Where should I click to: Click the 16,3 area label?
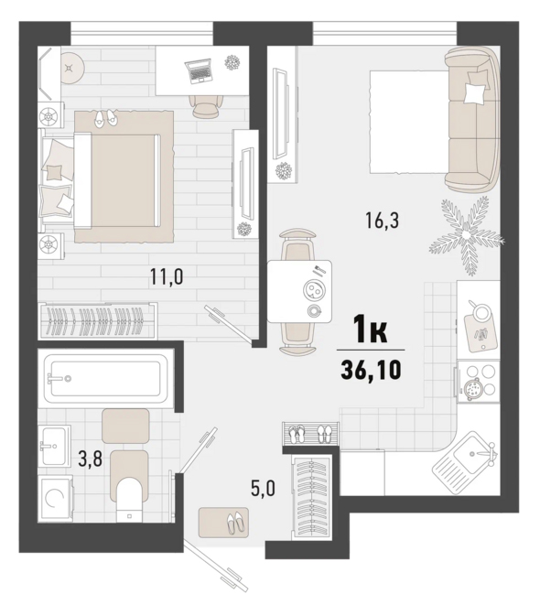(383, 221)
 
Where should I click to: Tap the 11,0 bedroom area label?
(167, 276)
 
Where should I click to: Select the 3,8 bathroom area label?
(91, 459)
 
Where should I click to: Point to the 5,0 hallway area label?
(263, 488)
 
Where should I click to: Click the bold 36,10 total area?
(371, 370)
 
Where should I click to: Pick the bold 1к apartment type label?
(371, 329)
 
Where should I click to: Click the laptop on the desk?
(199, 70)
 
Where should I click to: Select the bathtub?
(105, 378)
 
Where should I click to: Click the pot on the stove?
(472, 388)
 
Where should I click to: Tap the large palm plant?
(466, 235)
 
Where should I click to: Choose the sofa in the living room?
(472, 119)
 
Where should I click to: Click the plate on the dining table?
(313, 290)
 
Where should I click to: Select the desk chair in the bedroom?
(206, 104)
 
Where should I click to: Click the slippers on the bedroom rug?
(106, 118)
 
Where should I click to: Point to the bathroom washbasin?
(55, 446)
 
